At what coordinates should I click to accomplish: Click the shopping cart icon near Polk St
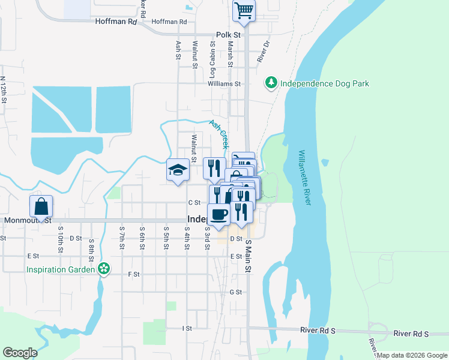[244, 10]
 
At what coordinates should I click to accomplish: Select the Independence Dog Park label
[325, 83]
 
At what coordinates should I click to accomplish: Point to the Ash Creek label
[219, 134]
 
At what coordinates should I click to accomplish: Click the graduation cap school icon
[178, 170]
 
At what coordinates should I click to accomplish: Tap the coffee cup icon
[219, 214]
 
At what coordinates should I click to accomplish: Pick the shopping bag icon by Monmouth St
[41, 206]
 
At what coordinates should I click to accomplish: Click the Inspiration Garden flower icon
[104, 269]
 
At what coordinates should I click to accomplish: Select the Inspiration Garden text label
[61, 269]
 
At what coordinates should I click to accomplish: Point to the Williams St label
[224, 85]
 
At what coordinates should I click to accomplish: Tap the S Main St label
[247, 256]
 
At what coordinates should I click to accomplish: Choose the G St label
[235, 292]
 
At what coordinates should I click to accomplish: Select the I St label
[187, 329]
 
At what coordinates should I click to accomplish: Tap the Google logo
[20, 353]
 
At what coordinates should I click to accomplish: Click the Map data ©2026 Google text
[412, 355]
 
